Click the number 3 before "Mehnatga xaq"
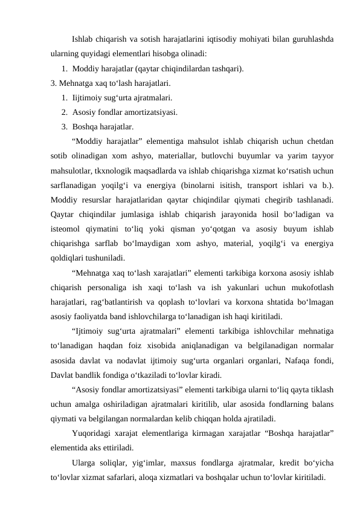[x=53, y=83]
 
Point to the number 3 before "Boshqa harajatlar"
[x=63, y=126]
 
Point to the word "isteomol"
[x=66, y=228]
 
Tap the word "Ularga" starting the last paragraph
[x=83, y=463]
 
